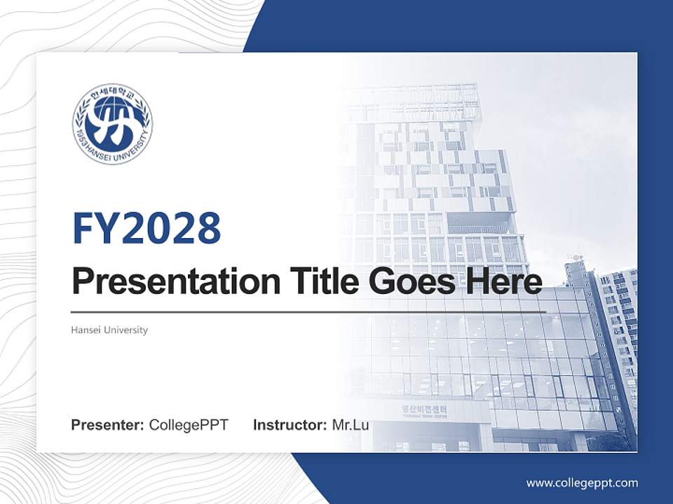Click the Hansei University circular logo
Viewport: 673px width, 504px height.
click(x=112, y=124)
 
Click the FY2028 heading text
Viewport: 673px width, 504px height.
click(x=147, y=228)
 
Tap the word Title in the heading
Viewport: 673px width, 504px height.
click(x=320, y=281)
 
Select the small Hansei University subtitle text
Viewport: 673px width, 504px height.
click(x=109, y=330)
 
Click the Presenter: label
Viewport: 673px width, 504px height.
click(x=108, y=425)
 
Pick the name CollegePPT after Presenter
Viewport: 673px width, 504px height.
click(x=189, y=425)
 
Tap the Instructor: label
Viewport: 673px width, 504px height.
click(x=290, y=425)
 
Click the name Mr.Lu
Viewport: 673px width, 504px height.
click(x=351, y=425)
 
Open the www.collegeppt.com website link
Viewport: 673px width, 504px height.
click(x=582, y=482)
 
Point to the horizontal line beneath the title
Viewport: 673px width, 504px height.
click(x=308, y=312)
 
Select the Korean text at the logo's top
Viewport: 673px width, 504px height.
click(x=112, y=92)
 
